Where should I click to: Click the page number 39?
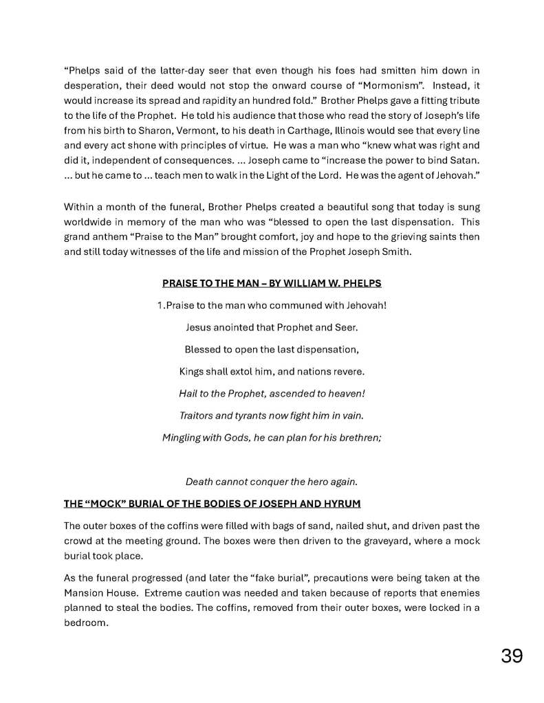pyautogui.click(x=511, y=656)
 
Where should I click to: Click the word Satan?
pyautogui.click(x=464, y=161)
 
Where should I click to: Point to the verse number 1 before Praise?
pyautogui.click(x=160, y=304)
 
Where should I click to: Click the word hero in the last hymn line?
pyautogui.click(x=316, y=481)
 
